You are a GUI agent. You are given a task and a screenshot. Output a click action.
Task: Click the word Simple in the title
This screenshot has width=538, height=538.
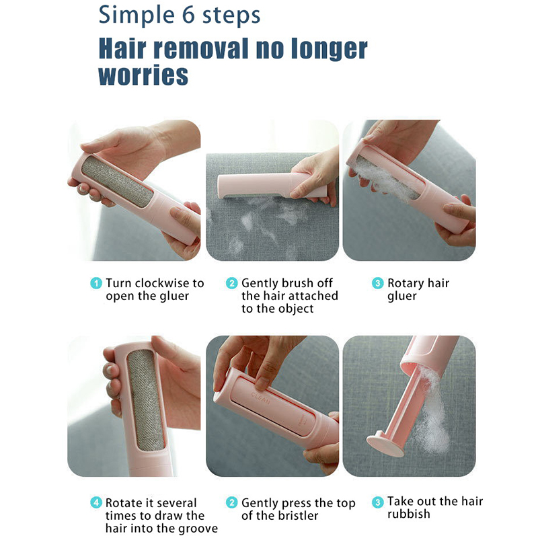click(137, 15)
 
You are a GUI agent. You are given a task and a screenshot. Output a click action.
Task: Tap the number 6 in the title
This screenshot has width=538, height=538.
click(188, 15)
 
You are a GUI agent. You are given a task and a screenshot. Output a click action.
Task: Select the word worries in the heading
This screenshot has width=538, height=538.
click(143, 75)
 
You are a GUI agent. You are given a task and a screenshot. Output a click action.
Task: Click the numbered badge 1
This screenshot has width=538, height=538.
click(96, 283)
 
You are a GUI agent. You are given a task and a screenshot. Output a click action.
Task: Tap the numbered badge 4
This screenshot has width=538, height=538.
click(96, 502)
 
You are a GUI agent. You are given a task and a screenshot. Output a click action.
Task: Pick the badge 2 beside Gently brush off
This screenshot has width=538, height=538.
click(232, 283)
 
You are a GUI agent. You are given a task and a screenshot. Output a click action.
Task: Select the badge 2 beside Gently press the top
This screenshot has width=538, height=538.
click(232, 502)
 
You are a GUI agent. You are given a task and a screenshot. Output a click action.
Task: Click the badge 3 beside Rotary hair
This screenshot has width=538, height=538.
click(378, 283)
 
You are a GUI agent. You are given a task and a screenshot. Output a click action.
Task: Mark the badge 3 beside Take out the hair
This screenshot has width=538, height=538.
click(378, 502)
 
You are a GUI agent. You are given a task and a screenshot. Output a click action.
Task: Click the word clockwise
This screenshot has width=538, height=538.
click(162, 283)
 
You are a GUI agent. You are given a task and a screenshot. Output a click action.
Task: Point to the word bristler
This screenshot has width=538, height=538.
click(298, 515)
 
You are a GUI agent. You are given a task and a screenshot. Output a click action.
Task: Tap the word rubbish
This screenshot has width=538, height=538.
click(409, 514)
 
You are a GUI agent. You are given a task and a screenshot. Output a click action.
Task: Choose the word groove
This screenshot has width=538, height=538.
click(198, 529)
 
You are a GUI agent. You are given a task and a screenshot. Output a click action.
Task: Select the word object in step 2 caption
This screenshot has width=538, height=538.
click(295, 309)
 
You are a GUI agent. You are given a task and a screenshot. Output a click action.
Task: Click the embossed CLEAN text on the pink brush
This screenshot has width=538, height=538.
click(260, 397)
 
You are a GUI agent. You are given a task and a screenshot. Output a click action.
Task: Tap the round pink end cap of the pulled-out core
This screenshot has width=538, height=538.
click(385, 445)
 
